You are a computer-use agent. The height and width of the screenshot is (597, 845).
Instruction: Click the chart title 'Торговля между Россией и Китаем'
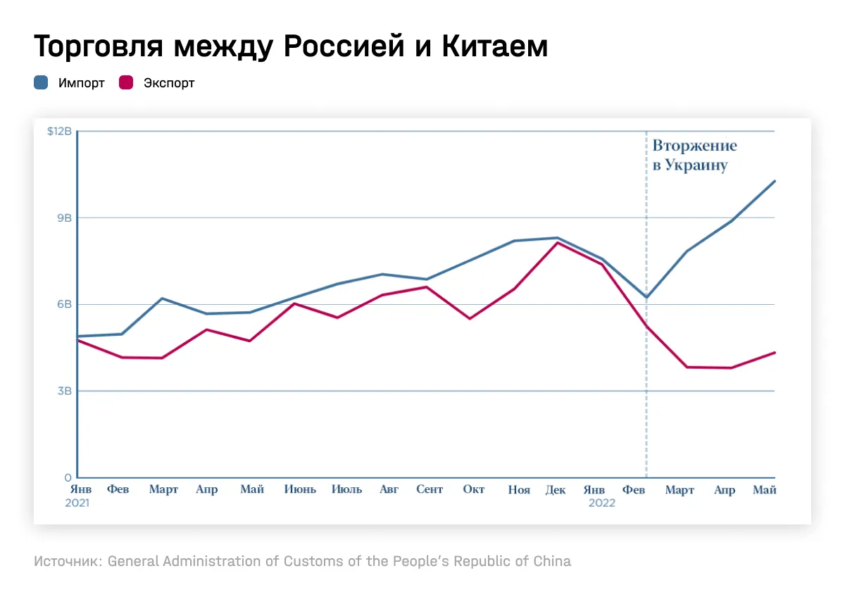tap(290, 47)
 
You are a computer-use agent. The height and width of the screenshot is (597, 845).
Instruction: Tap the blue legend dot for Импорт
tap(41, 83)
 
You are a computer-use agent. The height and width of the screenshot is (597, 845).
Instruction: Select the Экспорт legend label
tap(169, 83)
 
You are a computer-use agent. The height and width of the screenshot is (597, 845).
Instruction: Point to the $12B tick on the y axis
tap(60, 132)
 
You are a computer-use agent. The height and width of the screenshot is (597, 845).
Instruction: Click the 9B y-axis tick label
tap(65, 218)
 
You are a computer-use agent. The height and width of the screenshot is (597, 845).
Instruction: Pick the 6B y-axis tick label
tap(65, 305)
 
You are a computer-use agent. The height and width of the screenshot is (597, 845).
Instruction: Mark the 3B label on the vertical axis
tap(65, 391)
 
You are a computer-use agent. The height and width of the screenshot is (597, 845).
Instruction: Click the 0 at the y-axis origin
tap(69, 478)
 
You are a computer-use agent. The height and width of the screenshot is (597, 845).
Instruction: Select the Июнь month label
tap(300, 490)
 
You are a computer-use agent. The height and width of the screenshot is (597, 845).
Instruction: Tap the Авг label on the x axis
tap(389, 490)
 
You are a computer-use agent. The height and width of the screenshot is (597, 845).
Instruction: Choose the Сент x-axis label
tap(430, 490)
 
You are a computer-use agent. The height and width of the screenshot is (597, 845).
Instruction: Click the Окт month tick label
tap(474, 490)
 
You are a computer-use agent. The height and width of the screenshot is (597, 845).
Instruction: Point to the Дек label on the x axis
tap(556, 490)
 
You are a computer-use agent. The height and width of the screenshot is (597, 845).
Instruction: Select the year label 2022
tap(602, 503)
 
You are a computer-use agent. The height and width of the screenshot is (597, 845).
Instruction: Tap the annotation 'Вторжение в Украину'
tap(694, 156)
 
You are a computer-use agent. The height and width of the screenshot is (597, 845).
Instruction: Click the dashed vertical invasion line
tap(646, 394)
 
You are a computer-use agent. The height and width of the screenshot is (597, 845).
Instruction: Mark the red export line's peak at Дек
tap(558, 242)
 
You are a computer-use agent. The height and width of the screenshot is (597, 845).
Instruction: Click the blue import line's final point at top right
tap(775, 181)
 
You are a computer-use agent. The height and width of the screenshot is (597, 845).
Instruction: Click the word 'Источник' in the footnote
tap(67, 562)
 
